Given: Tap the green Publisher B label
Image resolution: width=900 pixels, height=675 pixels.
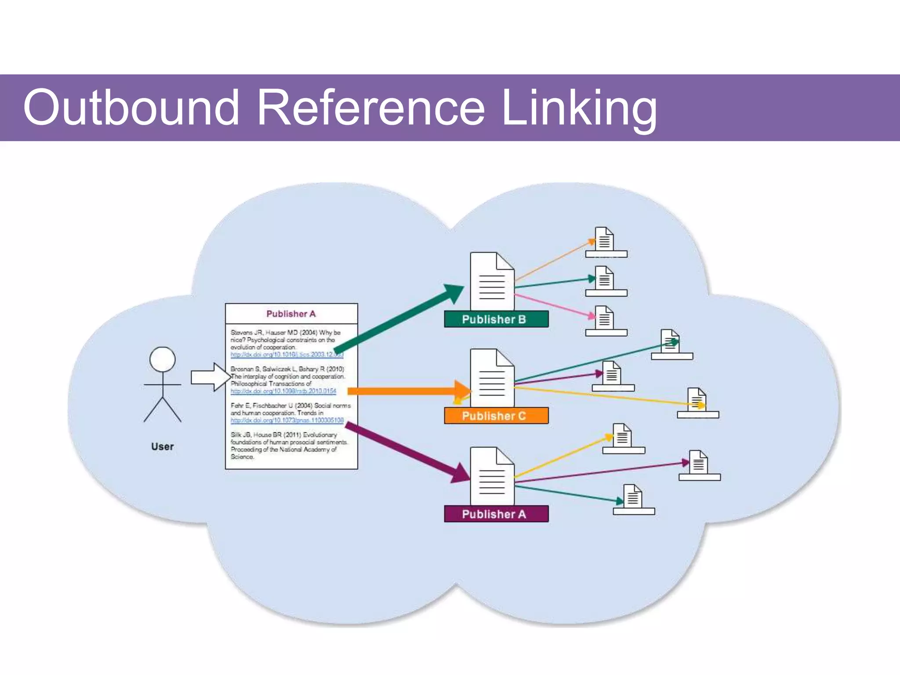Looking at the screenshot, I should pos(496,319).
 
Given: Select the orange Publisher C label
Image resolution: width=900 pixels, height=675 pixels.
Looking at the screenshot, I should pos(496,416).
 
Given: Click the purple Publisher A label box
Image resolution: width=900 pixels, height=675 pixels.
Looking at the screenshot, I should pos(496,514).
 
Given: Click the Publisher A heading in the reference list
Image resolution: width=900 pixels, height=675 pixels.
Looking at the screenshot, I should pos(291,314).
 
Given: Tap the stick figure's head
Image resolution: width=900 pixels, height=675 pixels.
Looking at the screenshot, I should pos(163,359).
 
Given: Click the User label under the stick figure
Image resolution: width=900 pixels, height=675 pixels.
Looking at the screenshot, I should pos(163,446).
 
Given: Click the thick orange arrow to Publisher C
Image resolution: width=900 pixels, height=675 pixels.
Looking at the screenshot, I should pos(404,391).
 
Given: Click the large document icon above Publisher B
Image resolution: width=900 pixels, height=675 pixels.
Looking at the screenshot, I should pos(492,281).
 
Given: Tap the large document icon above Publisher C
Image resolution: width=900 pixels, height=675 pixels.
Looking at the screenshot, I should pos(492,378).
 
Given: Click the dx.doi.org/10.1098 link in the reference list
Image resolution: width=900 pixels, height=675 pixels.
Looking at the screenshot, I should pos(283,391).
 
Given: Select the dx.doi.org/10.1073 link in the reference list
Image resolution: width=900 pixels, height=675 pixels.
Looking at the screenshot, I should pos(287,421).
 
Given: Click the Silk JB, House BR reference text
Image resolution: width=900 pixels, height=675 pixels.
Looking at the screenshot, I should pos(288,446).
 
